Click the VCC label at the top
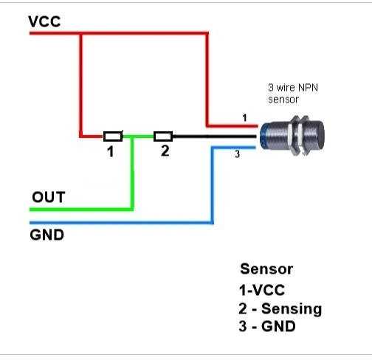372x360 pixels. [44, 21]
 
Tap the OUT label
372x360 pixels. [49, 197]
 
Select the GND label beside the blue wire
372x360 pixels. [47, 235]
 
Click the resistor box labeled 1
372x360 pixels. [113, 136]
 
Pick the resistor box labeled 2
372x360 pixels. [163, 136]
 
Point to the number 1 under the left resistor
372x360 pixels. [111, 151]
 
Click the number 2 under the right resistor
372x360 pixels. [165, 150]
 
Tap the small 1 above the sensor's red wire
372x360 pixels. [244, 118]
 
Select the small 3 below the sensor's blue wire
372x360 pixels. [237, 154]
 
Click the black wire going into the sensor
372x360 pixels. [214, 136]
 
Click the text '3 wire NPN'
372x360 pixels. [293, 88]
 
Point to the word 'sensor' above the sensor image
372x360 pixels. [283, 100]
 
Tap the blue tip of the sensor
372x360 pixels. [263, 136]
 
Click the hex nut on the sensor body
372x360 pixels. [294, 136]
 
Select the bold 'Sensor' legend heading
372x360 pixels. [266, 269]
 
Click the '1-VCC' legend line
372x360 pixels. [262, 290]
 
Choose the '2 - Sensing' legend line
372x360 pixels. [280, 308]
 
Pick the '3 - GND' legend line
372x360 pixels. [267, 326]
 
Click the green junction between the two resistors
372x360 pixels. [132, 136]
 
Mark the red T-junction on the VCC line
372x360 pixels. [81, 33]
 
